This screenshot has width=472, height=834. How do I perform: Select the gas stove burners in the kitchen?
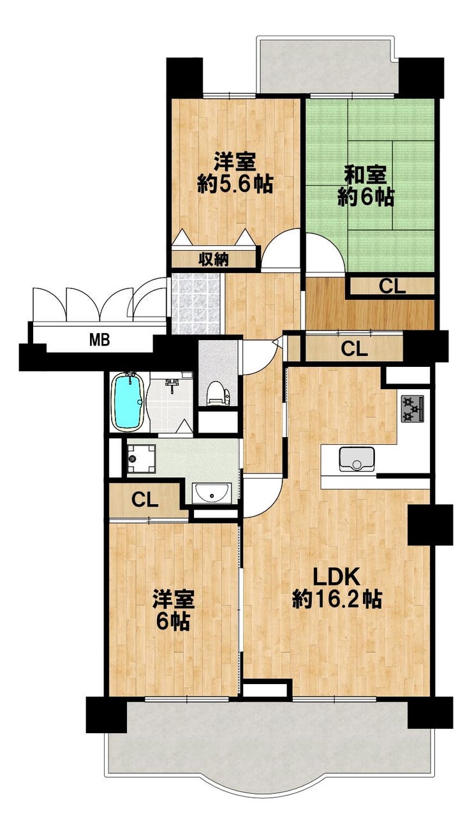coord(413,409)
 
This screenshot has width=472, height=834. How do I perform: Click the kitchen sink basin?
coord(357,459)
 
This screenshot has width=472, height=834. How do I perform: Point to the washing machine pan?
coord(142,459)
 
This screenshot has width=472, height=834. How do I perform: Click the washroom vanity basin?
coord(212,493)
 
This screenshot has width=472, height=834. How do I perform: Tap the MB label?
coord(100,339)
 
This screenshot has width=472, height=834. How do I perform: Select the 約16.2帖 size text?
coord(337,600)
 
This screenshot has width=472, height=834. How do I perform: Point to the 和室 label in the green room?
coord(365,175)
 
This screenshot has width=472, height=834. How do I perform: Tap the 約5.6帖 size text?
coord(235,184)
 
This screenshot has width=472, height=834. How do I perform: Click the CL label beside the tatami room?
coord(392,287)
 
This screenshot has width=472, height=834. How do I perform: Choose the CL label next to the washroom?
coord(145,500)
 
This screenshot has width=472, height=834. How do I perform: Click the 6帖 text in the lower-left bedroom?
coord(173,623)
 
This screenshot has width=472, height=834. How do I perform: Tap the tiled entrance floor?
coord(196,303)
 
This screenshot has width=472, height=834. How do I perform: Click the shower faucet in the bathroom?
coord(172,382)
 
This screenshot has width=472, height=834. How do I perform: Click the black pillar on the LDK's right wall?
coord(431,525)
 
